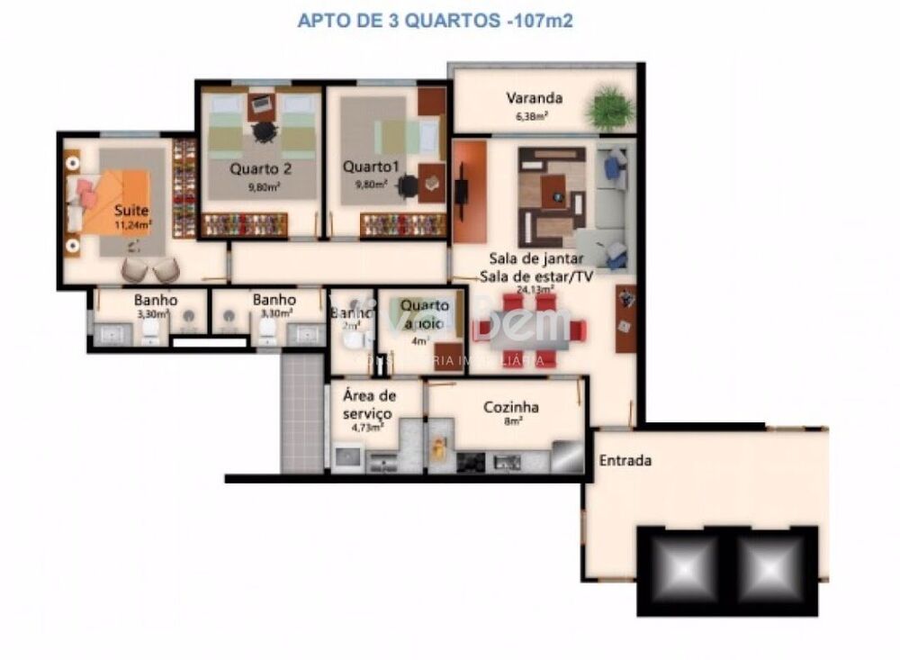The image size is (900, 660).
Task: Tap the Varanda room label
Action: coord(535,98)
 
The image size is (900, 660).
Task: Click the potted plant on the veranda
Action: coord(609,109)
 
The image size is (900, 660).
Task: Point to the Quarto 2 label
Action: coord(260,168)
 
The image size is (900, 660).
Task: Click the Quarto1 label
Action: coord(364,167)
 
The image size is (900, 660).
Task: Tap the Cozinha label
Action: coord(511,407)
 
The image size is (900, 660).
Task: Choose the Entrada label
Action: coord(625,460)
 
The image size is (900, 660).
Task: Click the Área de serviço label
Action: coord(369,403)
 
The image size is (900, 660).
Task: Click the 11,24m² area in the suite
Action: coord(132,225)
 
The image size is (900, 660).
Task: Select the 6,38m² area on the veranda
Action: coord(534,115)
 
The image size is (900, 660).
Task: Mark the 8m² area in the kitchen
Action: coord(511,422)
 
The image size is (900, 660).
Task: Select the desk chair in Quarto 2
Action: coord(264,131)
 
